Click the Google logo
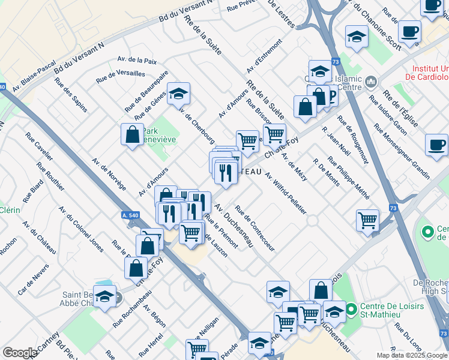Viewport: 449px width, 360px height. point(20,353)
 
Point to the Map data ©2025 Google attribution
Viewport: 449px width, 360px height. point(411,355)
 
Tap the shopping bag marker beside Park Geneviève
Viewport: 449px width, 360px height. point(132,134)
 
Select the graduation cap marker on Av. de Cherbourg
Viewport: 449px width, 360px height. point(178,94)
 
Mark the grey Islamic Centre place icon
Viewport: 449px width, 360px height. point(371,80)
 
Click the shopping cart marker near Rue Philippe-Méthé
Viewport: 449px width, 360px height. point(367,219)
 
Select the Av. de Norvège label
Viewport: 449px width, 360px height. point(109,174)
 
